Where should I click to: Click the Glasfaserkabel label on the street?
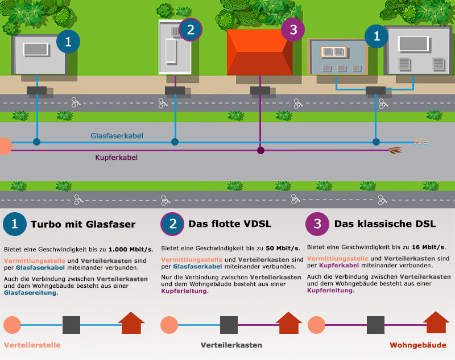(x=117, y=136)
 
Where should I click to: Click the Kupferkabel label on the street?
(x=116, y=158)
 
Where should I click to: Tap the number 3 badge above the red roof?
(x=293, y=30)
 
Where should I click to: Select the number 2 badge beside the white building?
(x=191, y=30)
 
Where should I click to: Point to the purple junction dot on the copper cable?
(x=260, y=151)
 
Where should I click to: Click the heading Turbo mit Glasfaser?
(x=83, y=224)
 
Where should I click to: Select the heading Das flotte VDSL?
(x=230, y=224)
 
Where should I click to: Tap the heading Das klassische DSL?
(x=385, y=224)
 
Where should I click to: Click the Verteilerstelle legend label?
(x=32, y=345)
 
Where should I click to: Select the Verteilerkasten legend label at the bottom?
(x=231, y=345)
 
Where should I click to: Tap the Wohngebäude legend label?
(x=418, y=345)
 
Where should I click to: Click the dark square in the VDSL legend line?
(x=229, y=325)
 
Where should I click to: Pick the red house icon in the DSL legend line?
(x=436, y=323)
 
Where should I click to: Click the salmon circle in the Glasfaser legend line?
(x=12, y=325)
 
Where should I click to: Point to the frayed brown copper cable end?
(x=395, y=151)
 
